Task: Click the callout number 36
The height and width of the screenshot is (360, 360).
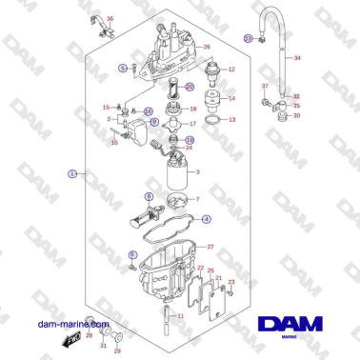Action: [109, 19]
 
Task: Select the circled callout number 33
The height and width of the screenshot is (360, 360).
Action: [248, 38]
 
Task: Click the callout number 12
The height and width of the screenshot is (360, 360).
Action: [230, 70]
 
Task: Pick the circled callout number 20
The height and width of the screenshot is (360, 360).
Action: [190, 87]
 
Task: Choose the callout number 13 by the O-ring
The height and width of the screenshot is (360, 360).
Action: [231, 120]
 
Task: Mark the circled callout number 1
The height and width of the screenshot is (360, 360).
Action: [72, 174]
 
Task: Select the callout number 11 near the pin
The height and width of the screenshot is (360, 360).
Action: [181, 314]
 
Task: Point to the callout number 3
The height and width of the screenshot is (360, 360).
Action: [196, 172]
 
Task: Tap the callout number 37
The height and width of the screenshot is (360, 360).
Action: [266, 86]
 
